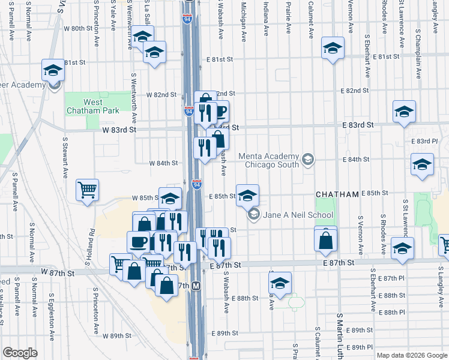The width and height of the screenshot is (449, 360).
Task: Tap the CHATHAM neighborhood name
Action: pos(337,194)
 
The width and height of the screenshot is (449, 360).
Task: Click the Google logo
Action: pos(20,352)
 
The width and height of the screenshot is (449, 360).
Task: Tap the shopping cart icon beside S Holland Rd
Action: pos(87,190)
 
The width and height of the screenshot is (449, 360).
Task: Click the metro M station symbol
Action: pos(196,287)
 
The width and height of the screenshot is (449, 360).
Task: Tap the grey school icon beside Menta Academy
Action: pos(308,159)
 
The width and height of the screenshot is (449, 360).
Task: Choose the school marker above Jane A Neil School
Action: pos(247,194)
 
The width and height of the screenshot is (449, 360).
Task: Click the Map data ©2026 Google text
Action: pos(411,355)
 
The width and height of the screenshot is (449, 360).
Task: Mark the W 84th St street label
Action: pos(164,163)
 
